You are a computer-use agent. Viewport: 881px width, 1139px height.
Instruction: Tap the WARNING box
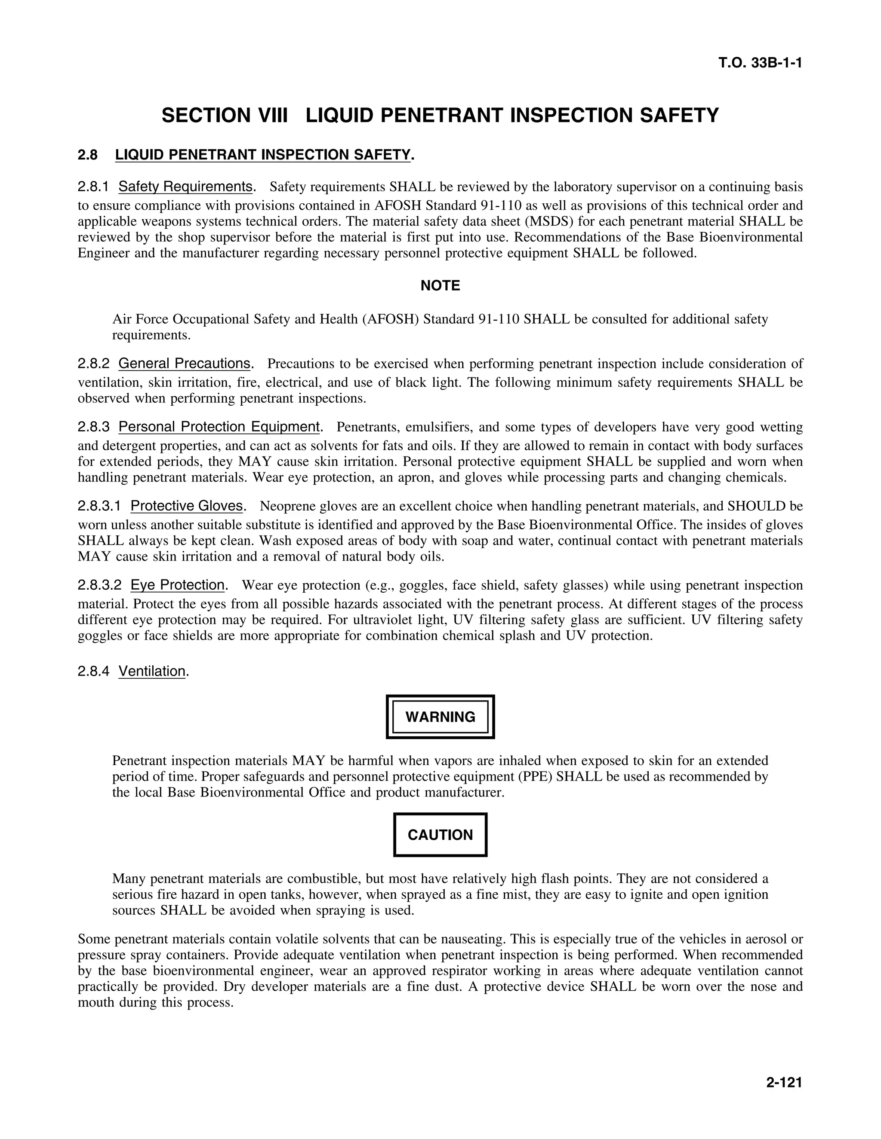click(440, 716)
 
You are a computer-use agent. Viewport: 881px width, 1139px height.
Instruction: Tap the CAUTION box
click(440, 835)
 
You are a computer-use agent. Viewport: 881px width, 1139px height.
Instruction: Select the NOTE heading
click(440, 286)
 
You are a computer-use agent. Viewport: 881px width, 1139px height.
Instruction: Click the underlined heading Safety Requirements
click(185, 186)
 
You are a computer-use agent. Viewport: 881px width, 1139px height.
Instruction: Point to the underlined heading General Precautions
click(184, 363)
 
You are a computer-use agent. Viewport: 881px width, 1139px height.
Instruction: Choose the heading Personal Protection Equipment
click(219, 427)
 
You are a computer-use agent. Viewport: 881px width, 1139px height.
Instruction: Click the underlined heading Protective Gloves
click(186, 506)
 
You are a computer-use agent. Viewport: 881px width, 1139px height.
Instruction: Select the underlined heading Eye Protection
click(178, 585)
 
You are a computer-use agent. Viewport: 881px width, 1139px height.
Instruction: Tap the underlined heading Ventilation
click(152, 671)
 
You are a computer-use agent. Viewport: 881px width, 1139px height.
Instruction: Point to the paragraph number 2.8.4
click(93, 671)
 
